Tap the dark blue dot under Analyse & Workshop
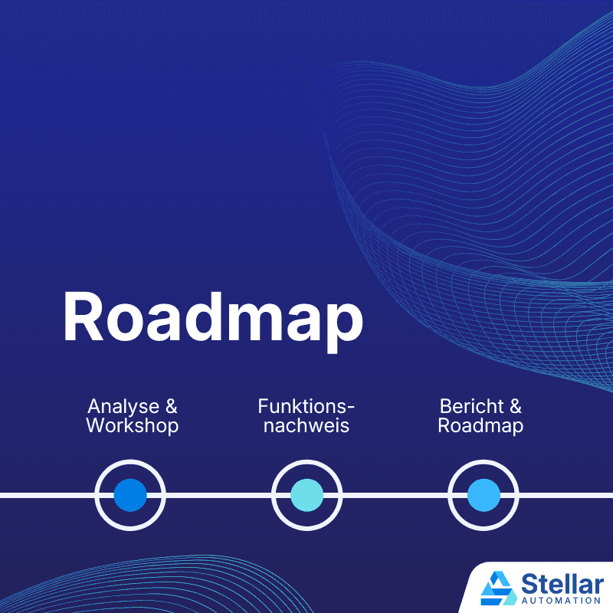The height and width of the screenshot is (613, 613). click(130, 495)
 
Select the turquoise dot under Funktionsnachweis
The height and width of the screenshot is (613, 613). click(307, 495)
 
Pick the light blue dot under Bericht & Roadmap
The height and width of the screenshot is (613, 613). click(484, 495)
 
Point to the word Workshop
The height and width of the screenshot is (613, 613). click(133, 426)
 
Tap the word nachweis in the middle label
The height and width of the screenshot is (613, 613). click(306, 426)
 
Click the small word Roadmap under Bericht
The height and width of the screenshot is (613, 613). click(480, 426)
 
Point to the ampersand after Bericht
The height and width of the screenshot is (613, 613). click(514, 406)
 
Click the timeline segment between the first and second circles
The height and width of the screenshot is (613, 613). click(218, 495)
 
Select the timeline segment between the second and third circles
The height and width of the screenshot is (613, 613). click(395, 495)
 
